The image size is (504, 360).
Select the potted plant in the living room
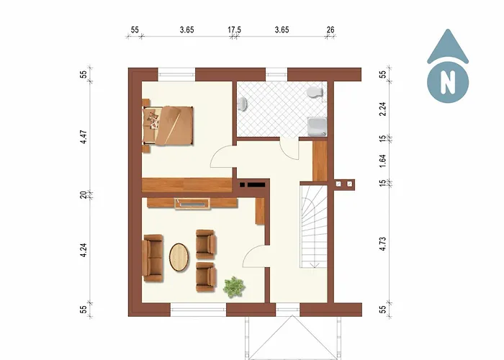(x=234, y=287)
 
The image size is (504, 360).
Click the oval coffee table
(x=179, y=257)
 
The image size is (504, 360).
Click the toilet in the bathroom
(x=313, y=93)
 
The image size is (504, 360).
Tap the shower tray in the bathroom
(x=317, y=127)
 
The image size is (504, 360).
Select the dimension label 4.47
(x=84, y=137)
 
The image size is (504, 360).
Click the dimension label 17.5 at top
(x=234, y=30)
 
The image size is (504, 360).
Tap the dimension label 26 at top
(x=330, y=30)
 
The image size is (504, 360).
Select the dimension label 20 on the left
(x=84, y=194)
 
